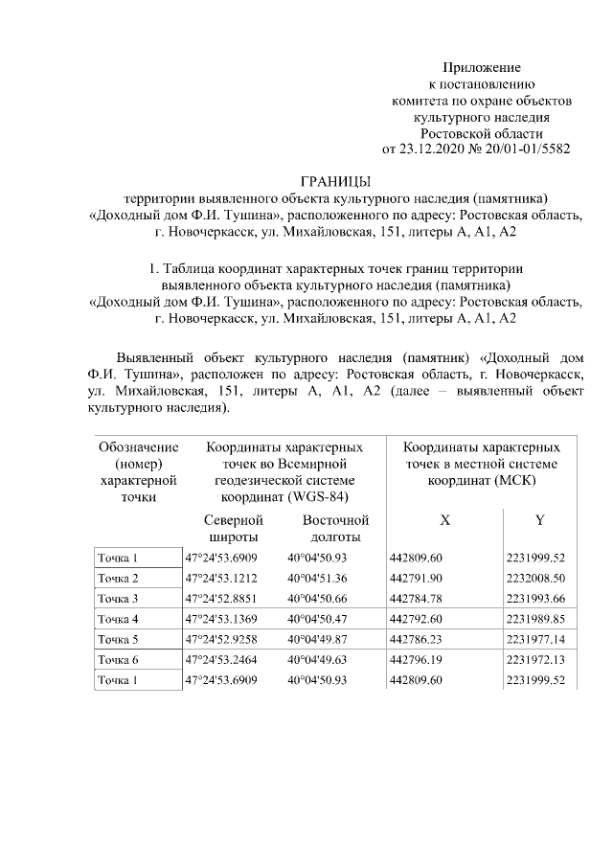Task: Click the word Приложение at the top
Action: click(481, 68)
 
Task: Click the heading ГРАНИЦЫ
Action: click(334, 182)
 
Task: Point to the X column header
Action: click(443, 520)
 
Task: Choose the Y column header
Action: click(539, 520)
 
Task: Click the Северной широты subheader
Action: click(234, 529)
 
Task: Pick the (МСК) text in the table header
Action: click(514, 480)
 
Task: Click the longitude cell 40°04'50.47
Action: click(317, 619)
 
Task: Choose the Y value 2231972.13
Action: click(537, 660)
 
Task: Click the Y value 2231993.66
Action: click(537, 599)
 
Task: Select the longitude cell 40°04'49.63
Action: click(317, 660)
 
